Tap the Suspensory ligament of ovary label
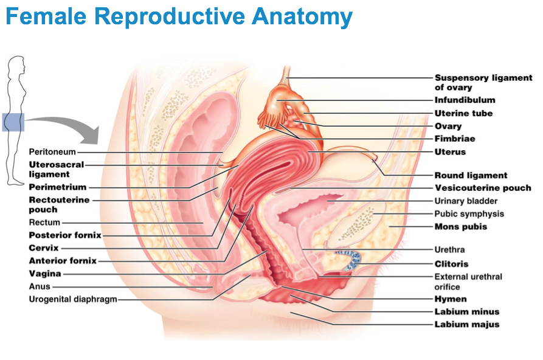pyautogui.click(x=483, y=83)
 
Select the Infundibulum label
pyautogui.click(x=465, y=100)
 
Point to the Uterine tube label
pyautogui.click(x=463, y=113)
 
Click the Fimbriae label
pyautogui.click(x=455, y=139)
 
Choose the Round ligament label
pyautogui.click(x=471, y=175)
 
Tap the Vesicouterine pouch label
pyautogui.click(x=483, y=188)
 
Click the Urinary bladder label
pyautogui.click(x=466, y=201)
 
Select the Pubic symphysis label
pyautogui.click(x=469, y=213)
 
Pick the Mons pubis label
pyautogui.click(x=460, y=227)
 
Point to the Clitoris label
pyautogui.click(x=451, y=264)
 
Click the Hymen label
pyautogui.click(x=451, y=299)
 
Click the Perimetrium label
pyautogui.click(x=58, y=187)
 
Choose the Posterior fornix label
pyautogui.click(x=65, y=235)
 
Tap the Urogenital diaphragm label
pyautogui.click(x=73, y=299)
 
